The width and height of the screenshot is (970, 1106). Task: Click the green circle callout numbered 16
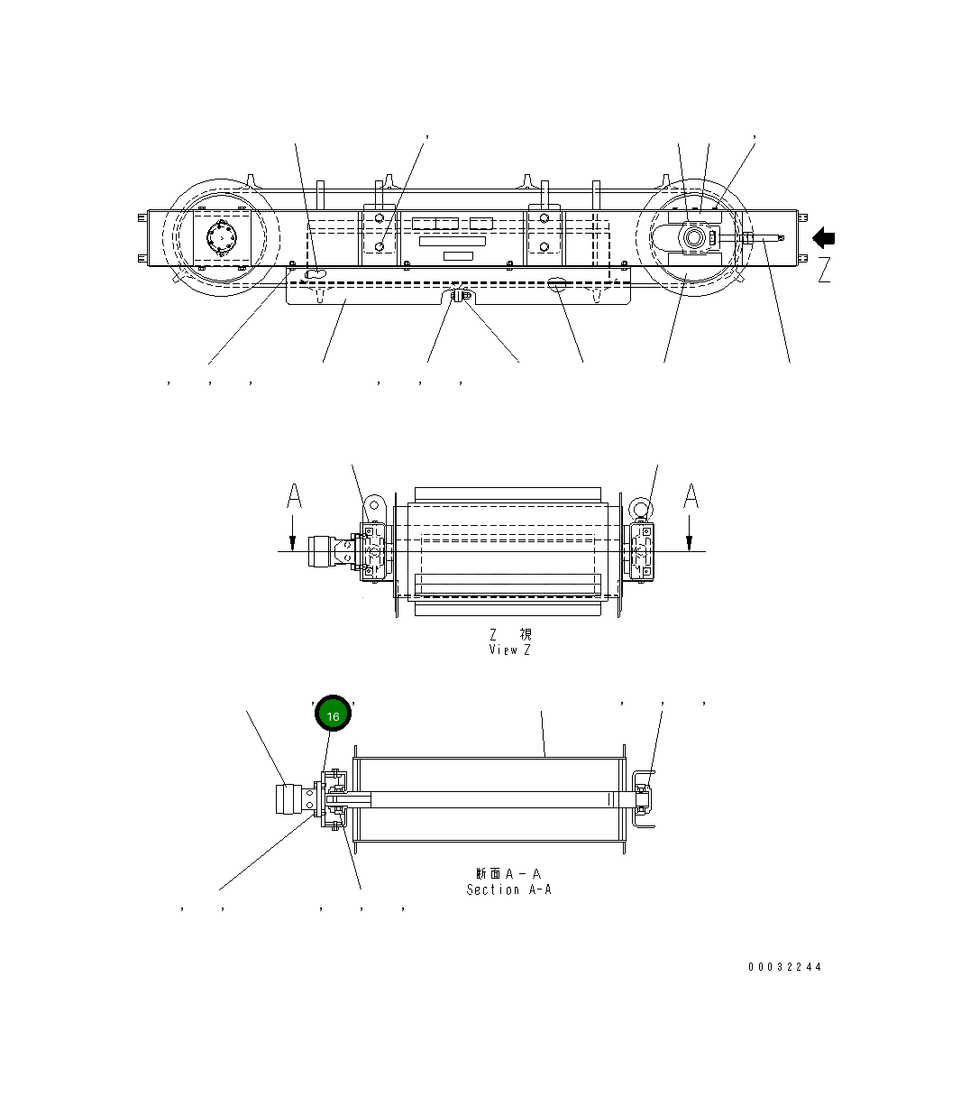point(333,715)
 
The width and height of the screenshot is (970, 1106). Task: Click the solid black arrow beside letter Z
point(824,238)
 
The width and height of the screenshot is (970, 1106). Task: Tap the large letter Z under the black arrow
point(824,270)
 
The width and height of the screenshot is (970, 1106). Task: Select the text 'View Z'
point(510,650)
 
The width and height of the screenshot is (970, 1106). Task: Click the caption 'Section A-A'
point(508,889)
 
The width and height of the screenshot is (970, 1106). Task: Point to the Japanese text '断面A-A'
point(508,873)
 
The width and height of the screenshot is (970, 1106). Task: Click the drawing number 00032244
point(784,967)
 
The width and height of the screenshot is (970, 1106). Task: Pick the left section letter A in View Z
point(294,496)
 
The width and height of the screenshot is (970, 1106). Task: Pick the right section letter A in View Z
point(691,496)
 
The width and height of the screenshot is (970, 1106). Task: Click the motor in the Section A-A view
point(290,800)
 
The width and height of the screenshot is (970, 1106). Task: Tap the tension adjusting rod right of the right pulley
point(764,238)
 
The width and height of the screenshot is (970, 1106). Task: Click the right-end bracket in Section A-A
point(641,798)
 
